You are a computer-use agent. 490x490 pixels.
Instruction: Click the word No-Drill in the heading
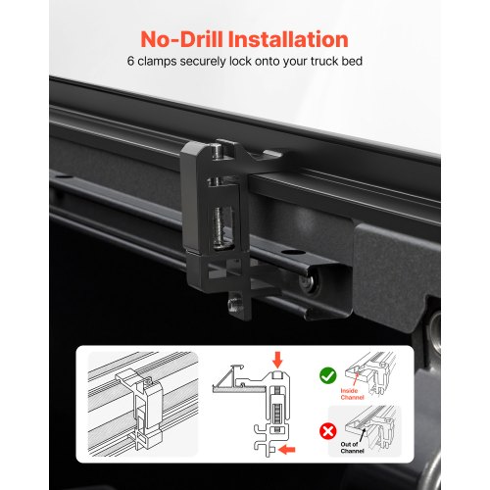pyautogui.click(x=181, y=39)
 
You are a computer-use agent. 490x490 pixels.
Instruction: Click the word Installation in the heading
pyautogui.click(x=288, y=39)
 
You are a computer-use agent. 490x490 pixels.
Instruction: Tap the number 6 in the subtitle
pyautogui.click(x=130, y=61)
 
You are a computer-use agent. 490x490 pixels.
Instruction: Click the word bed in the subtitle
pyautogui.click(x=352, y=61)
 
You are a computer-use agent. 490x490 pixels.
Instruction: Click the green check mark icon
pyautogui.click(x=328, y=375)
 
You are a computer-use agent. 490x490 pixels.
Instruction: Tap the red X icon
pyautogui.click(x=328, y=431)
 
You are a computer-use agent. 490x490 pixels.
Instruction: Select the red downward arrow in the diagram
pyautogui.click(x=277, y=360)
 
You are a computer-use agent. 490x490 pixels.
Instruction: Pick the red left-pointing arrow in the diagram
pyautogui.click(x=287, y=450)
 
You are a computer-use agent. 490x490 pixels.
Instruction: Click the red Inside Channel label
pyautogui.click(x=352, y=394)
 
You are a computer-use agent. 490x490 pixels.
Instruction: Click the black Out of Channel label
pyautogui.click(x=352, y=448)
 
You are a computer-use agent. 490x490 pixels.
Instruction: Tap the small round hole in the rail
pyautogui.click(x=293, y=253)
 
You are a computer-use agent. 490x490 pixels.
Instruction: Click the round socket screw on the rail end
pyautogui.click(x=308, y=281)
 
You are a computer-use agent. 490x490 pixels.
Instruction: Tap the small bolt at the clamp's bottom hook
pyautogui.click(x=235, y=303)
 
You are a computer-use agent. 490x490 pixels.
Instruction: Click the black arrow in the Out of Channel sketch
pyautogui.click(x=362, y=434)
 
